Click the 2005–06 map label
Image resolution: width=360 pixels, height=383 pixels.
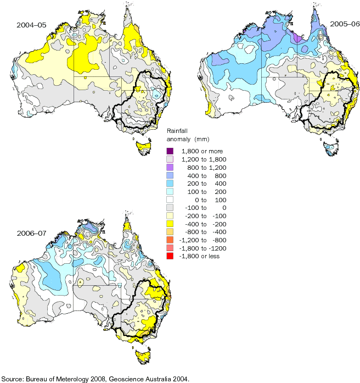[344, 24]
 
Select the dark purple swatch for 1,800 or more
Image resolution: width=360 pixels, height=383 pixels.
[170, 151]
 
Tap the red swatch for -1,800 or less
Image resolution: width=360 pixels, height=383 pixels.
[170, 257]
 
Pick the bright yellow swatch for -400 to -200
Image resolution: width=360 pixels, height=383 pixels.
[170, 221]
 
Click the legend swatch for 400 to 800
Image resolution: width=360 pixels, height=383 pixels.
[170, 177]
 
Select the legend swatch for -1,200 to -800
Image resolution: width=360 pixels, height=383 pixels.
[170, 239]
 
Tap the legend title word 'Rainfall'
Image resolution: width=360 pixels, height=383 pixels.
[177, 130]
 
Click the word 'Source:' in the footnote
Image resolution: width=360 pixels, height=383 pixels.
[12, 379]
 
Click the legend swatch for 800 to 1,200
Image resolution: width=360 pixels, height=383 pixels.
[170, 169]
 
